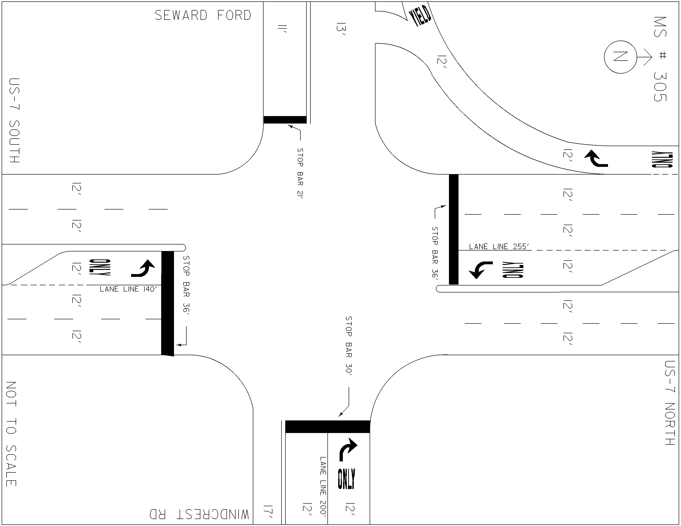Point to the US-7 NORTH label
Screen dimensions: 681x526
[x=670, y=403]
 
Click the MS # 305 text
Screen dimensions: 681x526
[x=660, y=59]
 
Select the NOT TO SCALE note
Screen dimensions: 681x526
[x=11, y=434]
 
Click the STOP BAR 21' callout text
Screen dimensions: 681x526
[x=300, y=173]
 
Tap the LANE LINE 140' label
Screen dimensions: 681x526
[x=128, y=289]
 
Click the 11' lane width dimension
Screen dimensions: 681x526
[x=282, y=29]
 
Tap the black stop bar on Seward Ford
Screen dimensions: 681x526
[x=285, y=120]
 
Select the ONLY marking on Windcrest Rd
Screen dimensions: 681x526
[x=346, y=479]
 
